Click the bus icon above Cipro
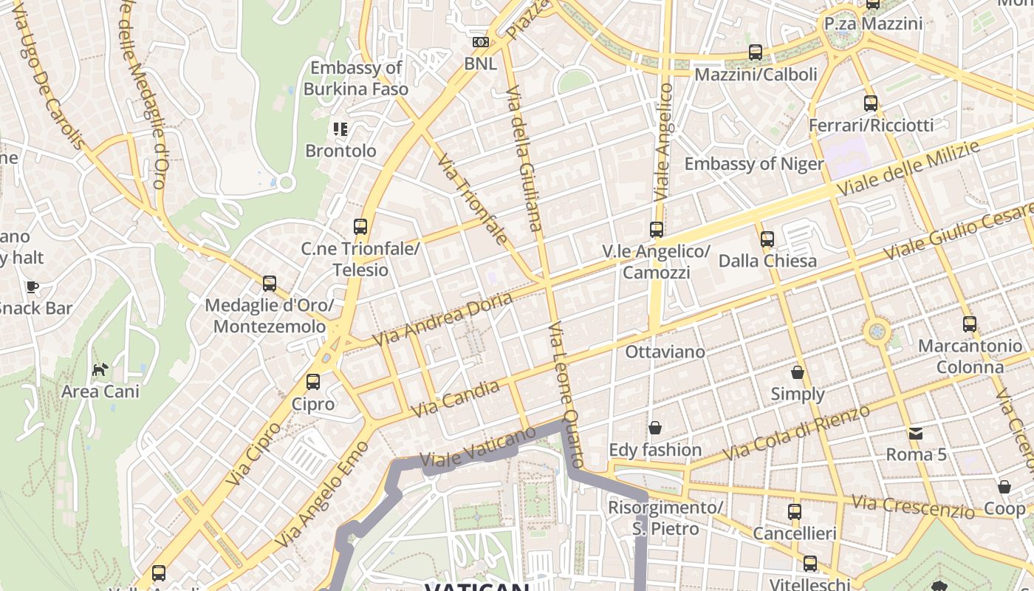pos(313,382)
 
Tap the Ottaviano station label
pos(665,352)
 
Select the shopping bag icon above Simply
pos(798,372)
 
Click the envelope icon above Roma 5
pos(916,433)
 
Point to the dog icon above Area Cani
pos(100,369)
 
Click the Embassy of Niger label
pos(753,163)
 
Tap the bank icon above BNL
pos(481,42)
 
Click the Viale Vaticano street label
pos(477,448)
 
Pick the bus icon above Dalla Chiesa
pos(767,239)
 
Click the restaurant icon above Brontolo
pos(340,129)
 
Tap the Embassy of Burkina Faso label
pos(355,78)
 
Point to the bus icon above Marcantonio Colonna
pos(970,324)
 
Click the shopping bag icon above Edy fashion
pos(654,428)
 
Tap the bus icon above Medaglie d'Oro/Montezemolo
pos(270,284)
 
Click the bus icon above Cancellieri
pos(795,512)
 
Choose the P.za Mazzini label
pos(873,24)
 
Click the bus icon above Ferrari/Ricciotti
pos(871,103)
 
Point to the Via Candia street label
pos(455,398)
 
